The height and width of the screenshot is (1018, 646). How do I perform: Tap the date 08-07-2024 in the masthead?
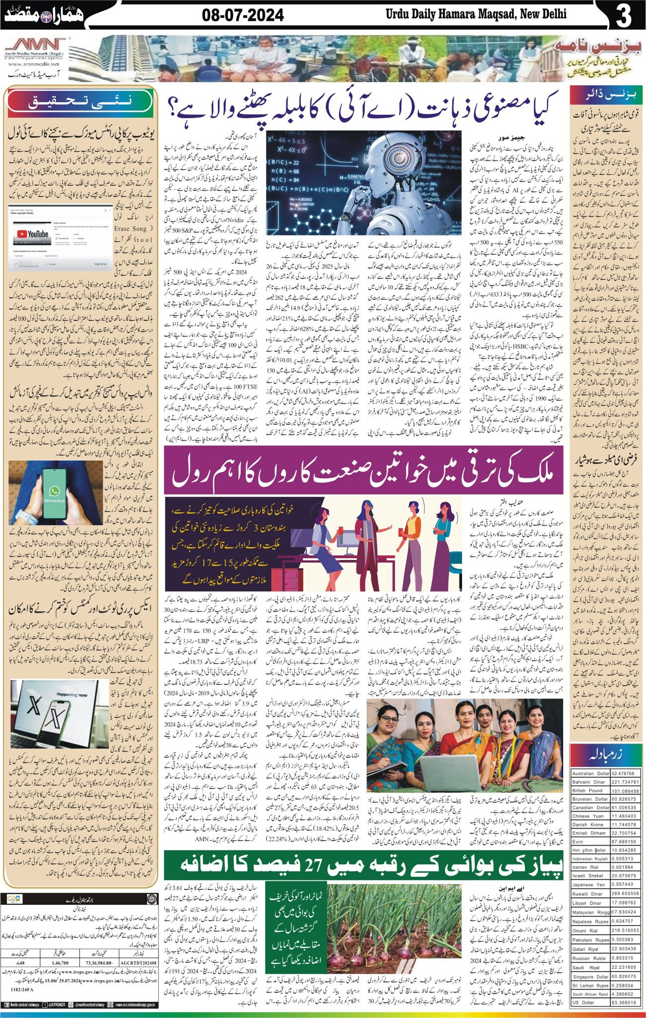point(243,15)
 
